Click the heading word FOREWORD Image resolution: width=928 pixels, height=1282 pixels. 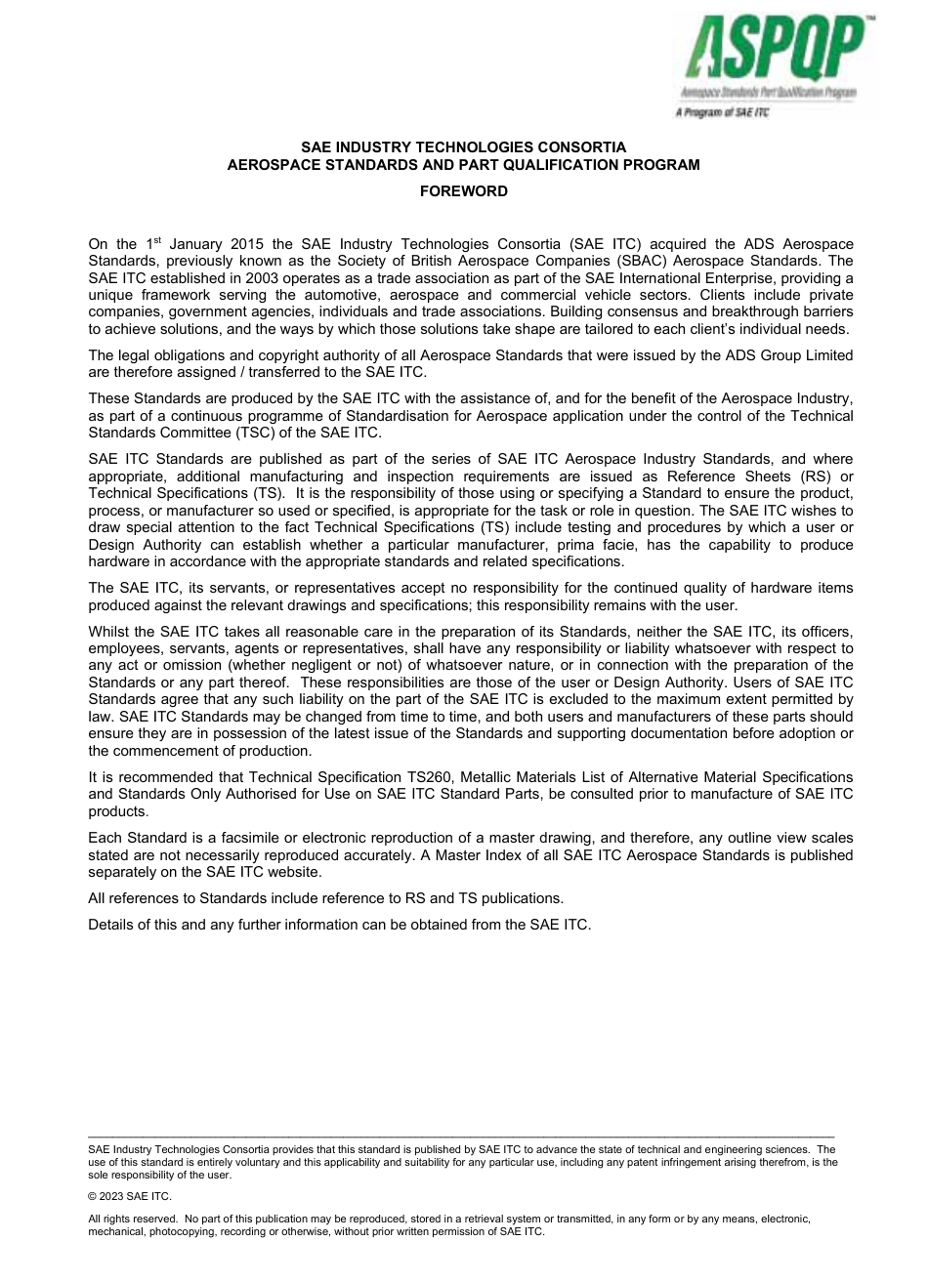click(463, 191)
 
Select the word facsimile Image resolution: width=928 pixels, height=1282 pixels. click(245, 838)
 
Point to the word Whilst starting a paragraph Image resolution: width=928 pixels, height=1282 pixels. click(109, 631)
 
